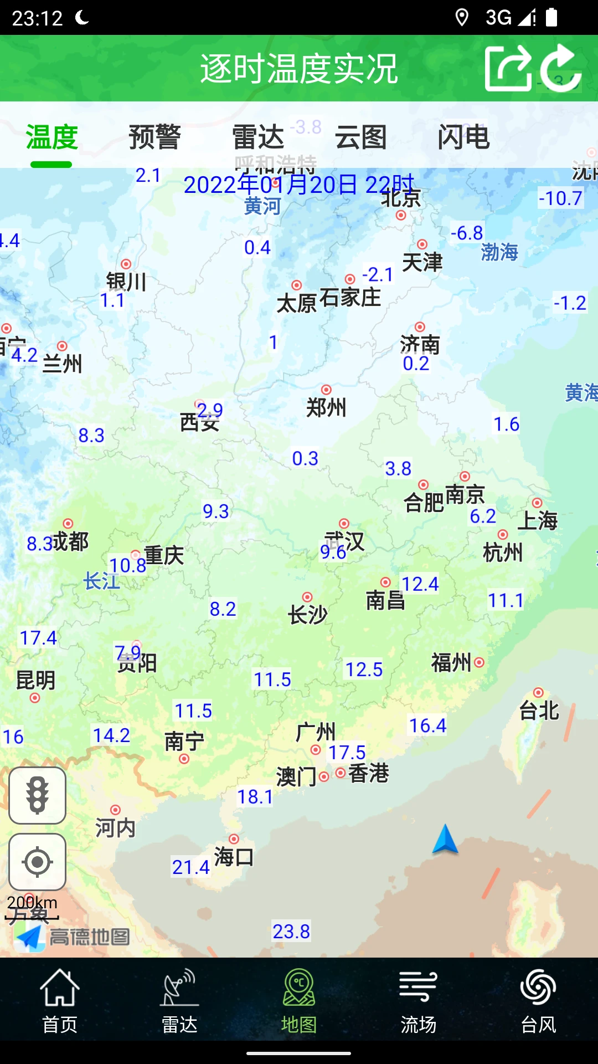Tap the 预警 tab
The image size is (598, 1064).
(x=154, y=137)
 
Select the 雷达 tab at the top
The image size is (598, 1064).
(x=257, y=137)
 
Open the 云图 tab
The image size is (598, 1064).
(x=360, y=137)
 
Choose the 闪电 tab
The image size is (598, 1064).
(x=463, y=137)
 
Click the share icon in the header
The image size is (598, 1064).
(x=507, y=69)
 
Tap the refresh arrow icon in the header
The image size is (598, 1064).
(x=560, y=69)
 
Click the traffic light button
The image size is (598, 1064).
(x=37, y=796)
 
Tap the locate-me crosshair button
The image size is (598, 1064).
(x=37, y=862)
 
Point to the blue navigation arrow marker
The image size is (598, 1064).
(x=445, y=839)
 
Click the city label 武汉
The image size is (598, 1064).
(x=344, y=540)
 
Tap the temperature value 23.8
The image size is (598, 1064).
(x=291, y=932)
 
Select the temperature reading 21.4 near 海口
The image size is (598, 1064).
(x=190, y=867)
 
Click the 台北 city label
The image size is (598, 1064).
(x=539, y=710)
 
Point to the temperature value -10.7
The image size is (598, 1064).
(x=560, y=198)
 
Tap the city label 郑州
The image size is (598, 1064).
(x=326, y=408)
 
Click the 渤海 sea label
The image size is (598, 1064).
(x=499, y=252)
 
